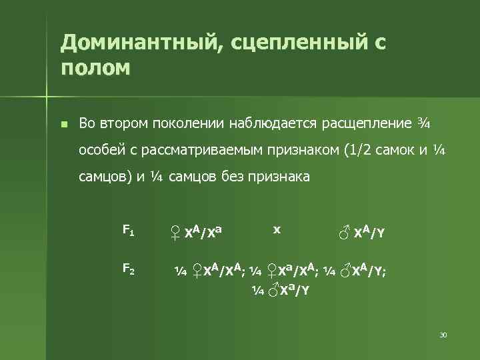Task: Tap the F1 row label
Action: (x=128, y=231)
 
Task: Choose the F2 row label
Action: (x=128, y=269)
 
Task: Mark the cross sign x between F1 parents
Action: (x=277, y=229)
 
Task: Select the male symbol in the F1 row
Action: (x=344, y=233)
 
